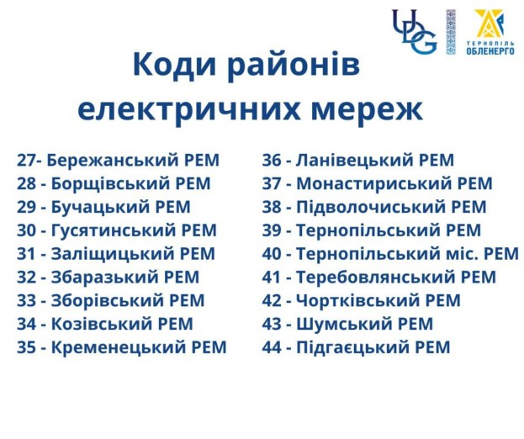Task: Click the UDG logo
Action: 415,32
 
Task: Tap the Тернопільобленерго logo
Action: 490,32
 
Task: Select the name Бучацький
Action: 101,208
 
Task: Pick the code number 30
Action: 26,230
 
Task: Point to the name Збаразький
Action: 105,278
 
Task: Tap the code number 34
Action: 26,324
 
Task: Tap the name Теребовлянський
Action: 376,278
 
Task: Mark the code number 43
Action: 272,324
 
